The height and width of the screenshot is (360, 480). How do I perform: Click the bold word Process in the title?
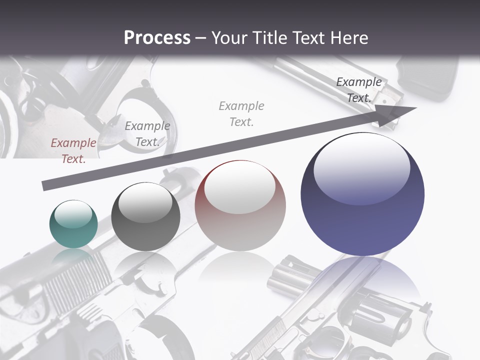157,38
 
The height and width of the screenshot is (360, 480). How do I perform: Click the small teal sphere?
73,224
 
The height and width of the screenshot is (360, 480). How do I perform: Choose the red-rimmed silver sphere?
240,206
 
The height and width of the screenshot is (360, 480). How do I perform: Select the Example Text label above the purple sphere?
359,90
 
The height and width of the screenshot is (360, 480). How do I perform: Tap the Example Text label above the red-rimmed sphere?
241,114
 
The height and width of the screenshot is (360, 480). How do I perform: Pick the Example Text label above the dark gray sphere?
147,134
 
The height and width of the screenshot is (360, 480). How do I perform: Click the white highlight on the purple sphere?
362,167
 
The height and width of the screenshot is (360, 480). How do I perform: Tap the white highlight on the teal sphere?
73,213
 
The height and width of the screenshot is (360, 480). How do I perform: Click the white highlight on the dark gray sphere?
145,202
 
